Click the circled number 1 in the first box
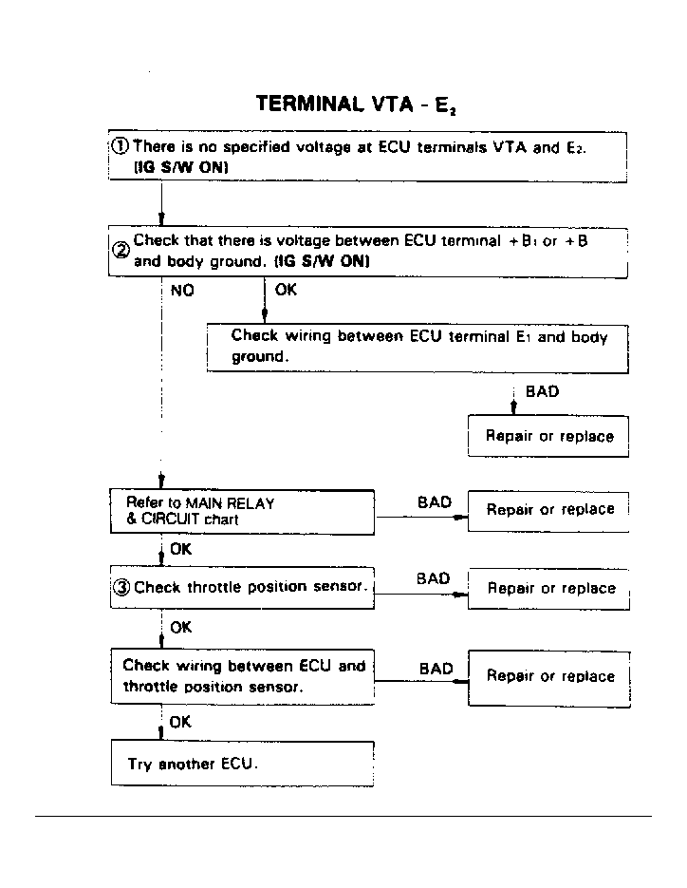coord(121,146)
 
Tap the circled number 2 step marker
coord(121,251)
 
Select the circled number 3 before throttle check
coord(121,587)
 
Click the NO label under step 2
coord(181,291)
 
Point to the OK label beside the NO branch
coord(286,290)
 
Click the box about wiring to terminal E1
coord(418,347)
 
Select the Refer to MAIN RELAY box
coord(243,511)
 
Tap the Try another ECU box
coord(243,764)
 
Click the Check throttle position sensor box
coord(243,587)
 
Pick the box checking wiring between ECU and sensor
coord(243,675)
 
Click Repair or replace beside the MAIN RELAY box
coord(549,509)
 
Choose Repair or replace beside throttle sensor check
coord(549,588)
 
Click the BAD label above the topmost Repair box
coord(541,391)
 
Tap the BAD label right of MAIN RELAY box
coord(435,501)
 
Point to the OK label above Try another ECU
coord(180,722)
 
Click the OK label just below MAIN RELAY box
coord(180,548)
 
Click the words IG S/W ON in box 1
coord(183,166)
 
